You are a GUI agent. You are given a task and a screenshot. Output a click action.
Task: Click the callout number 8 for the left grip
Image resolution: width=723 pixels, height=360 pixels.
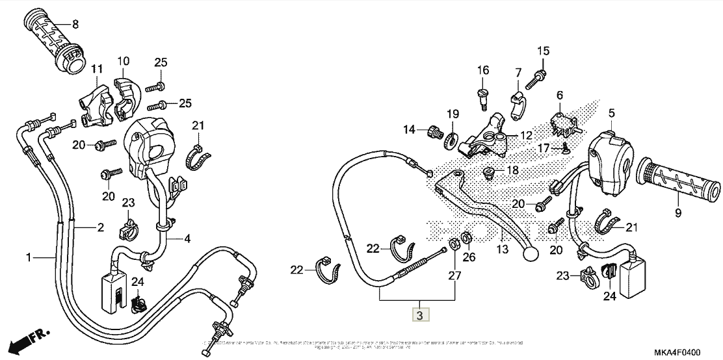pos(75,25)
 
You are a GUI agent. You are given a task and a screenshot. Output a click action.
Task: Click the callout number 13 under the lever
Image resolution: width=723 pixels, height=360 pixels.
pos(501,249)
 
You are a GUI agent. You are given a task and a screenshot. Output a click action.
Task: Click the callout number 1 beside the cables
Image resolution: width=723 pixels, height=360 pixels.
pos(29,258)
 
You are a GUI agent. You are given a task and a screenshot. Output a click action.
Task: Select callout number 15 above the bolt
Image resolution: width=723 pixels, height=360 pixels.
pos(543,51)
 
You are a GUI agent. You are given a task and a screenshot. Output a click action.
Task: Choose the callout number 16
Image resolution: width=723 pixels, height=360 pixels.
pos(484,70)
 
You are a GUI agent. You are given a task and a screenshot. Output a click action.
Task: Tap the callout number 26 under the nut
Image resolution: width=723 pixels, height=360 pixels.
pos(469,257)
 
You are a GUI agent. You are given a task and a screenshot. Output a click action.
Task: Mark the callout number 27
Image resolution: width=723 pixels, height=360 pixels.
pos(453,276)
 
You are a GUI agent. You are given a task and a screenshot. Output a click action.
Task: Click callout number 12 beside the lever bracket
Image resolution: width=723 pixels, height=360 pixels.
pos(526,135)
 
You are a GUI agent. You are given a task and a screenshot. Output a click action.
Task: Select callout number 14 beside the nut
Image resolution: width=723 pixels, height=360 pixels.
pos(408,130)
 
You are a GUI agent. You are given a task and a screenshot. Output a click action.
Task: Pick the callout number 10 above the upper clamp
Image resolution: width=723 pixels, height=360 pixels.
pos(124,62)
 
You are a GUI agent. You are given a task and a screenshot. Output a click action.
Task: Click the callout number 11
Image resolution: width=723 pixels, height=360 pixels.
pos(97,69)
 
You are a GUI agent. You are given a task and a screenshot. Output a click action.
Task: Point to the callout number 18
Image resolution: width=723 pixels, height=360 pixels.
pos(512,170)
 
